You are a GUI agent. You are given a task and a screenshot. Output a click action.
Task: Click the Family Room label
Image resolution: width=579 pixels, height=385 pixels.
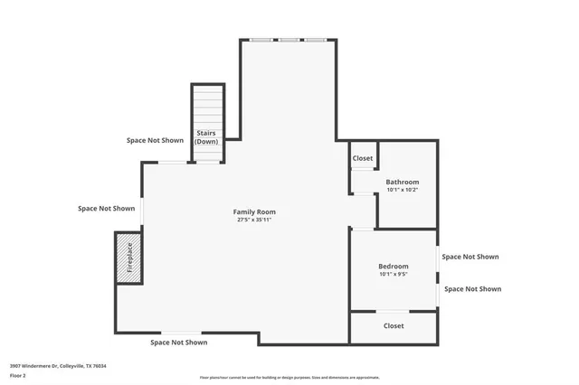(254, 211)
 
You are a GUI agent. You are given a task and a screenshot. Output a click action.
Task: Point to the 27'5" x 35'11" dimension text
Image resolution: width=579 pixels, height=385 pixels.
(254, 220)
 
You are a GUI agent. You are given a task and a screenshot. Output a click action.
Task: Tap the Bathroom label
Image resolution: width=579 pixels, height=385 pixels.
(402, 182)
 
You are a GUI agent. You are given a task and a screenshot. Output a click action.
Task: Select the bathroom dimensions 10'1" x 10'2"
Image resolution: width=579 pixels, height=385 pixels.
(402, 190)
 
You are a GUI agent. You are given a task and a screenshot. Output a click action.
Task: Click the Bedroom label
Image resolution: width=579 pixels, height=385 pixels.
(394, 266)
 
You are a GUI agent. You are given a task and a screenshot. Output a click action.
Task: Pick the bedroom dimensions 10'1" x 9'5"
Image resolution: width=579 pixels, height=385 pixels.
(394, 274)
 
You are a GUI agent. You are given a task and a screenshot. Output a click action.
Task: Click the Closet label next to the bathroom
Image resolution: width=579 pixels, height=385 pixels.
(363, 158)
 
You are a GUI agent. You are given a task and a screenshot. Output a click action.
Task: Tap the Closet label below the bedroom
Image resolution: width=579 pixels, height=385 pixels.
(394, 325)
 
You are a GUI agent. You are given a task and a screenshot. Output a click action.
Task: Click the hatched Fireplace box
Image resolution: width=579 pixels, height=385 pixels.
(128, 258)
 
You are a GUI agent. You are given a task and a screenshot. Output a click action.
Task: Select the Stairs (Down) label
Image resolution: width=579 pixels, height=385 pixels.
(207, 137)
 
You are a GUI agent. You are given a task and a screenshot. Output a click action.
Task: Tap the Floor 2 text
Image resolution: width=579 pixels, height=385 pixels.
(18, 375)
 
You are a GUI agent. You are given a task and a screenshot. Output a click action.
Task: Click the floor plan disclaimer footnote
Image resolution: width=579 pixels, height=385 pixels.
(289, 378)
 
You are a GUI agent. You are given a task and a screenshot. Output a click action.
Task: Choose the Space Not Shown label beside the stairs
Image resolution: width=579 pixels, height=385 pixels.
(155, 140)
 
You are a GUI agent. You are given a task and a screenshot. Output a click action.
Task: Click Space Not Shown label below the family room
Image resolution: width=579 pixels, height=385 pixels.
(178, 343)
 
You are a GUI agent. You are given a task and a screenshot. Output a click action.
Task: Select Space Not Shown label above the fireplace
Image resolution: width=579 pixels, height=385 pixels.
(106, 208)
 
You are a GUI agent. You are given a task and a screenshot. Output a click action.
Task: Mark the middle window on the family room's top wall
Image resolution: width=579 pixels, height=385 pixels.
(289, 40)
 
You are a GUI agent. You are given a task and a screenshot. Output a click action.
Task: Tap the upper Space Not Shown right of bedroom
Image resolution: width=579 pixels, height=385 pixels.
(470, 257)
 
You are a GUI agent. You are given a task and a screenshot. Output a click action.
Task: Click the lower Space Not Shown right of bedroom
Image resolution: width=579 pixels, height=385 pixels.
(472, 289)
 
